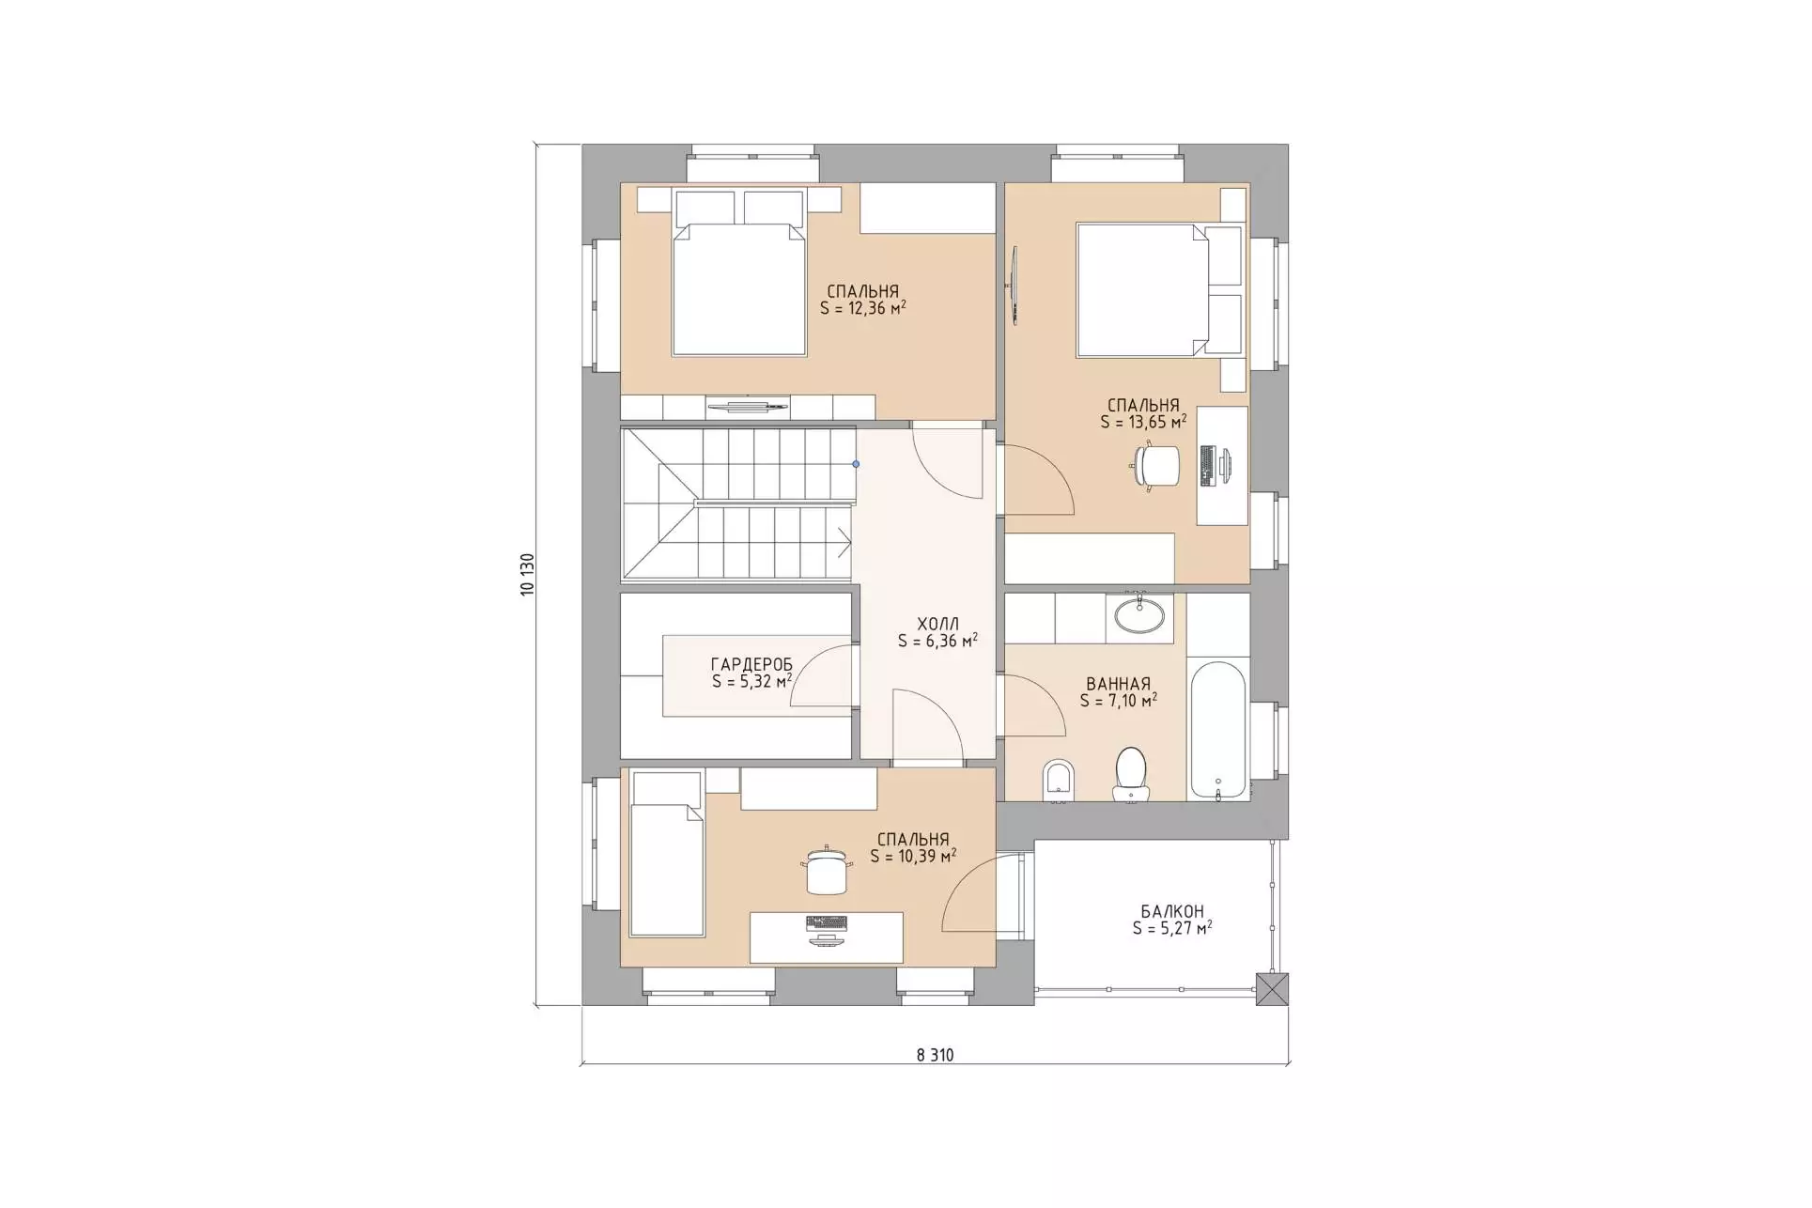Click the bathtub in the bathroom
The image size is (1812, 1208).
click(x=1218, y=732)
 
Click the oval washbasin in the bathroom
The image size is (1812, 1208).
click(x=1138, y=615)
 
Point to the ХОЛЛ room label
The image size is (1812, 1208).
click(x=937, y=624)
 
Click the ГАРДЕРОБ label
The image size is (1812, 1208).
click(x=751, y=665)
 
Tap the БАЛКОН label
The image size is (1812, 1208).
click(x=1172, y=911)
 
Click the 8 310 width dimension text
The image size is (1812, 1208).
click(x=935, y=1055)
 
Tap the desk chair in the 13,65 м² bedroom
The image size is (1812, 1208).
click(x=1156, y=466)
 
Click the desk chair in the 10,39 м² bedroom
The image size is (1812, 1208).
click(x=827, y=871)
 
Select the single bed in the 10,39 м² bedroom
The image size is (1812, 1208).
click(x=667, y=854)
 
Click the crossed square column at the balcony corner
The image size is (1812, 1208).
click(x=1272, y=990)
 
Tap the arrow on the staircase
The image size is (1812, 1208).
click(x=844, y=542)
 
